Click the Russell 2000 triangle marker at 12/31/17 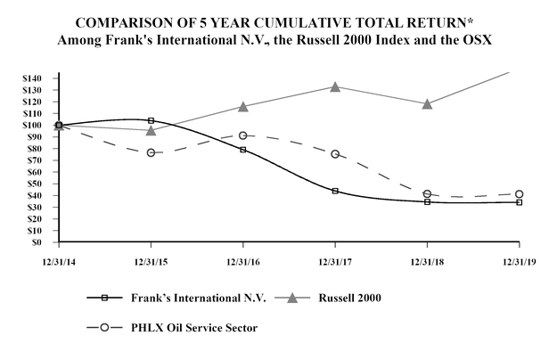click(335, 86)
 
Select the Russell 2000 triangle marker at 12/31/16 click(243, 106)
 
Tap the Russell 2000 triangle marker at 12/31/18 click(428, 103)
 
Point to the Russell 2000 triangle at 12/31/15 click(151, 130)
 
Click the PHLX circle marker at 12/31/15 click(151, 152)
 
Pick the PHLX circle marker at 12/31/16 click(243, 135)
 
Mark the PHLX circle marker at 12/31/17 click(335, 154)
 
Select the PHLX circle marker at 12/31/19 click(520, 193)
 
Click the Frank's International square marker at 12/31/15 click(151, 120)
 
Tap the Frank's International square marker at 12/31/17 click(335, 191)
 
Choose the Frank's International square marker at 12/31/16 click(243, 150)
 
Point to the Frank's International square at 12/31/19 click(520, 202)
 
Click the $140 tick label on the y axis click(32, 78)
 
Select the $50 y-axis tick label click(35, 184)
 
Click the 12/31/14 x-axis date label click(59, 262)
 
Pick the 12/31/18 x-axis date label click(428, 262)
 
